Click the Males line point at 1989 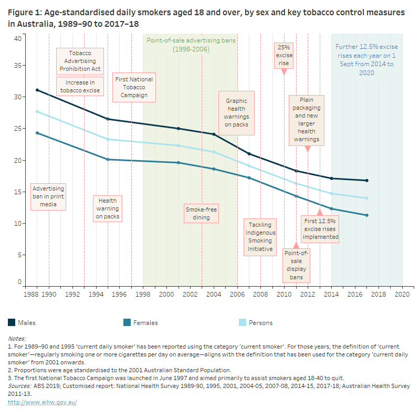coord(37,90)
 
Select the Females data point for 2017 coord(366,215)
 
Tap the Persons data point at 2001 coord(178,145)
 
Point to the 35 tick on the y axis coord(17,66)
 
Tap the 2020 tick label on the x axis coord(402,295)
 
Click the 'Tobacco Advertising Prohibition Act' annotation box coord(80,61)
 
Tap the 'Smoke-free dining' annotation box coord(201,213)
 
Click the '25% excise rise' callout coord(284,55)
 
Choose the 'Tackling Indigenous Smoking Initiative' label coord(260,236)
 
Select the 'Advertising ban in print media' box coord(48,196)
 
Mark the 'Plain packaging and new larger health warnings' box coord(307,120)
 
